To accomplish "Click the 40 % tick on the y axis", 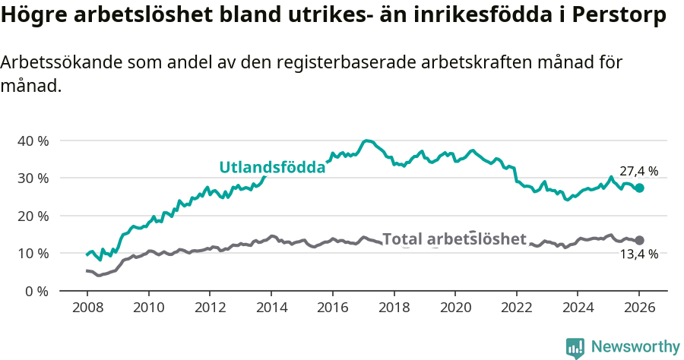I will tap(33, 141).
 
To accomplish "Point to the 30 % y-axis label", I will tap(33, 178).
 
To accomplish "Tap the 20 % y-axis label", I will tap(33, 216).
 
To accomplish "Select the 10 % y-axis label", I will tap(33, 253).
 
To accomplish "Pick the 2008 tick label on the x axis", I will tap(87, 308).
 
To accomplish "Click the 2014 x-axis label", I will tap(271, 308).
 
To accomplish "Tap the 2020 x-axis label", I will tap(455, 308).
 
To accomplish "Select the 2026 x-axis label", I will tap(639, 308).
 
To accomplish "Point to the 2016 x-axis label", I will tap(332, 308).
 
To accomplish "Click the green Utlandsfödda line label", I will tap(272, 168).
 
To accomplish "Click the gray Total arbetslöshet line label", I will tap(454, 239).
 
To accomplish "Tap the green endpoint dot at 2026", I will tap(639, 188).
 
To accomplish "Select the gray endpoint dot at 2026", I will tap(639, 240).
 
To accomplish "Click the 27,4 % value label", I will tap(638, 172).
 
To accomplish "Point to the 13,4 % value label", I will tap(638, 254).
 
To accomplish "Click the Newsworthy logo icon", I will tap(575, 348).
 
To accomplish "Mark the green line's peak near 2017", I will tap(367, 141).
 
